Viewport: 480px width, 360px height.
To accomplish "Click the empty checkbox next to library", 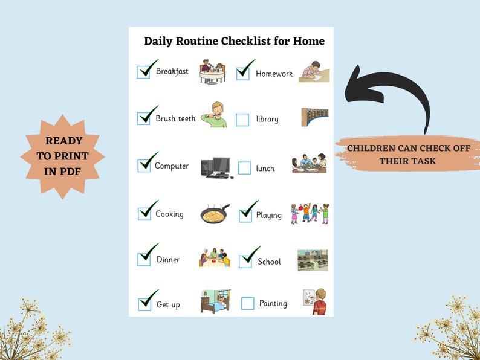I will (x=242, y=120).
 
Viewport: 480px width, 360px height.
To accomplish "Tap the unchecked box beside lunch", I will (x=244, y=168).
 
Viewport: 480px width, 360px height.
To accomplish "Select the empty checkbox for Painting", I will (x=247, y=303).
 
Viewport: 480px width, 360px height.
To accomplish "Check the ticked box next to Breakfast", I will (x=144, y=72).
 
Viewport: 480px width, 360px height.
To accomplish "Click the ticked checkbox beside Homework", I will (x=242, y=73).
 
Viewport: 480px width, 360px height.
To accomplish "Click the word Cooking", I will (x=169, y=214).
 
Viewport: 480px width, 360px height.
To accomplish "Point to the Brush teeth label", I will (x=175, y=118).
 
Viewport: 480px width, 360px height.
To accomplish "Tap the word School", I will (x=269, y=262).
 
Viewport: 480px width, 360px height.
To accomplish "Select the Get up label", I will (x=168, y=304).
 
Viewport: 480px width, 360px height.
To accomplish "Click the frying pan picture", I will (x=215, y=214).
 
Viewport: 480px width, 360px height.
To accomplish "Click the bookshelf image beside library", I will (x=314, y=117).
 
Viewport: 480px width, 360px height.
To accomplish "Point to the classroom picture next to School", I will (x=313, y=260).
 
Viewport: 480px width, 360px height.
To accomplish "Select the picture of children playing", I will (x=310, y=213).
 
